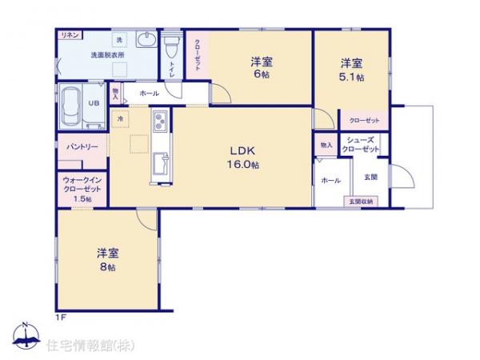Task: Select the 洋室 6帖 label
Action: pyautogui.click(x=260, y=68)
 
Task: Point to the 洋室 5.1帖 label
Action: pyautogui.click(x=352, y=70)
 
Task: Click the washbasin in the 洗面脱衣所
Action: pyautogui.click(x=146, y=41)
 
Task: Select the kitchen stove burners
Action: pyautogui.click(x=158, y=122)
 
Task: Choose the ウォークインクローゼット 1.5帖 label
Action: pyautogui.click(x=81, y=189)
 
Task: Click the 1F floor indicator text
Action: pyautogui.click(x=60, y=318)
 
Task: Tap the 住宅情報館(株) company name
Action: pyautogui.click(x=90, y=345)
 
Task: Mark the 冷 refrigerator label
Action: pyautogui.click(x=119, y=118)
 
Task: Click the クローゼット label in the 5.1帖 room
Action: pyautogui.click(x=364, y=120)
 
